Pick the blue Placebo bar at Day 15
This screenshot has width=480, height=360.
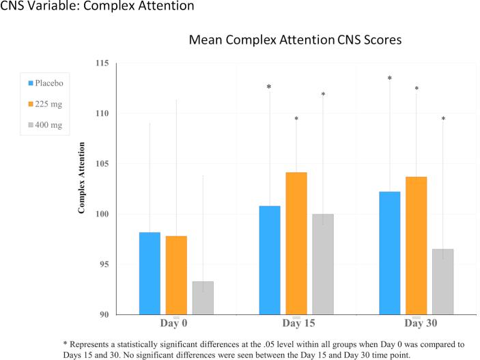(270, 260)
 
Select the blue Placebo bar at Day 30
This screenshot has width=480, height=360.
(390, 253)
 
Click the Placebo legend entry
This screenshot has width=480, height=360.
(52, 83)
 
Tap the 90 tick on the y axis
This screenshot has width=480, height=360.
(105, 314)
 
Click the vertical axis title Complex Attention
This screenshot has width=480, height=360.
(82, 178)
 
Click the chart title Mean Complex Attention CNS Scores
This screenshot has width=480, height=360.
(295, 41)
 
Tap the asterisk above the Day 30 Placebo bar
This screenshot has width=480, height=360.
(390, 79)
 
